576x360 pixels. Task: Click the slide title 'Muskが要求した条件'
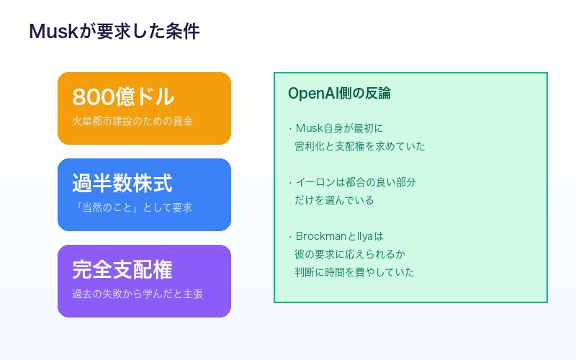[x=114, y=32]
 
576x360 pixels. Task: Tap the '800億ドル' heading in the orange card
[x=122, y=97]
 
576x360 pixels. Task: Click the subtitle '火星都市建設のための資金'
[x=132, y=121]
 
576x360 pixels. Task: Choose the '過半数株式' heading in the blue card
[x=122, y=184]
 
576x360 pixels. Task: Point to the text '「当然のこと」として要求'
[x=132, y=207]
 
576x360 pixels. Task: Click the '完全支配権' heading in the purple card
[x=122, y=270]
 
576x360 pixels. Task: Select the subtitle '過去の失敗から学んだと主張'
[x=138, y=294]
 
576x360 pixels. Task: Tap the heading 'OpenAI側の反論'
[x=339, y=94]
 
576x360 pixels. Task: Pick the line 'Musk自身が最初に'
[x=339, y=128]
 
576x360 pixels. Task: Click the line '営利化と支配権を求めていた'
[x=360, y=146]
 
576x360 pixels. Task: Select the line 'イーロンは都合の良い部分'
[x=356, y=182]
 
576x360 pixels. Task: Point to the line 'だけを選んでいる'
[x=334, y=200]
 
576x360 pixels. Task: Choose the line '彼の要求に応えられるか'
[x=350, y=254]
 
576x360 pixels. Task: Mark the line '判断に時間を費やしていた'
[x=355, y=272]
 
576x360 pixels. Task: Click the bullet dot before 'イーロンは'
[x=290, y=182]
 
